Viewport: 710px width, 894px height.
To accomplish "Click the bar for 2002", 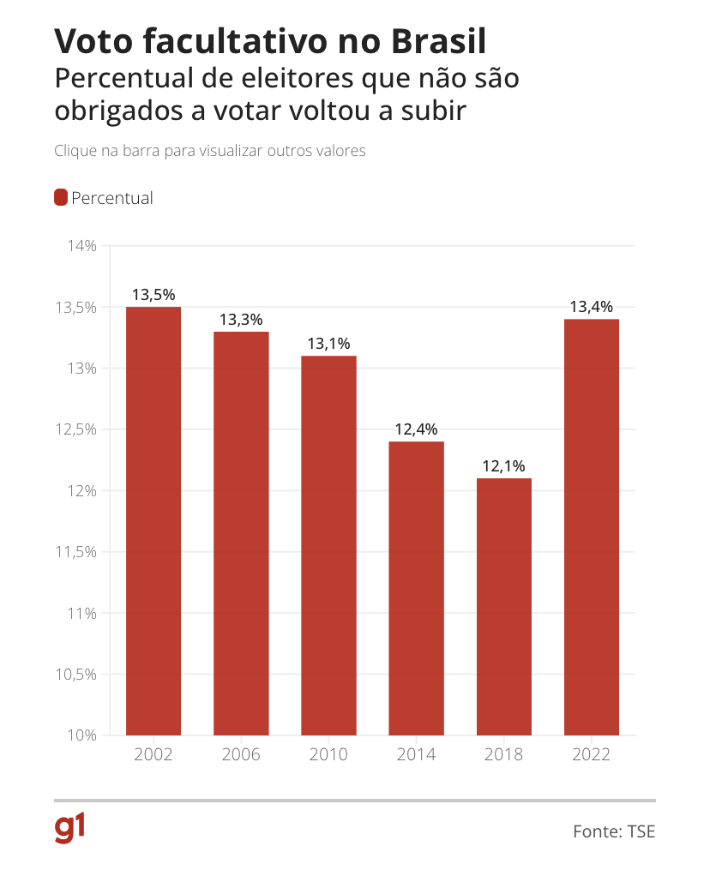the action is point(153,521).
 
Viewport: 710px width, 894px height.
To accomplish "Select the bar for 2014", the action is point(416,588).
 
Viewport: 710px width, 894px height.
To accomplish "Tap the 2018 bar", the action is point(504,607).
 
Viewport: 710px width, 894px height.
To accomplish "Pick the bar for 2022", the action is point(592,527).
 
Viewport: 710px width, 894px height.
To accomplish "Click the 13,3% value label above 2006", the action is point(241,319).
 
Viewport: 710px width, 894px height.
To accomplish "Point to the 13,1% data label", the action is point(329,344).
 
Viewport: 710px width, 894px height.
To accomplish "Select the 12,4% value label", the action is point(416,429).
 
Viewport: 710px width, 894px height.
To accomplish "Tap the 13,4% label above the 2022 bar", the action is point(592,307).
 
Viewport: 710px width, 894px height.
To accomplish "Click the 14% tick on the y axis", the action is point(82,246).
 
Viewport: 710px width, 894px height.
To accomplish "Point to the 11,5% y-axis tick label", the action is point(75,552).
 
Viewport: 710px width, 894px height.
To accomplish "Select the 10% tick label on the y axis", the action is point(82,735).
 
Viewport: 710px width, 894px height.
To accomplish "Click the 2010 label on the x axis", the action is point(328,754).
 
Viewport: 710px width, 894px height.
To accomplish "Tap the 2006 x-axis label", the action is point(241,754).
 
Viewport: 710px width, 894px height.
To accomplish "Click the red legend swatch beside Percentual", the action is point(61,197).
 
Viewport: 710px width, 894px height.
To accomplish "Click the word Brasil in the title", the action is point(438,41).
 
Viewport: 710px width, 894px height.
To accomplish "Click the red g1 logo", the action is point(69,829).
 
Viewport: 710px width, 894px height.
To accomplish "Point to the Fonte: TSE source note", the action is point(614,831).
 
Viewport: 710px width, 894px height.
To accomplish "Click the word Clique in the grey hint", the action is point(75,151).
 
